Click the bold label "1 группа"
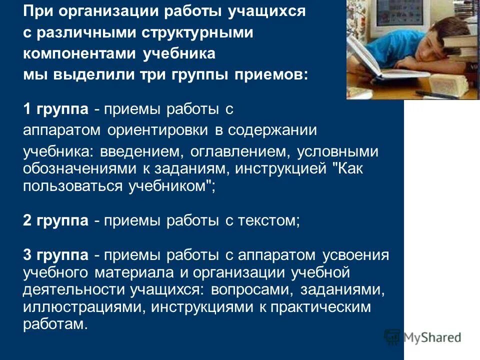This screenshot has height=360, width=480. coord(56,109)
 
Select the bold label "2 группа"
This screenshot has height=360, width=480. coord(56,221)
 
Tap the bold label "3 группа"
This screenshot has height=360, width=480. coord(56,255)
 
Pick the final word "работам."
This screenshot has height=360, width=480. coord(55,324)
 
